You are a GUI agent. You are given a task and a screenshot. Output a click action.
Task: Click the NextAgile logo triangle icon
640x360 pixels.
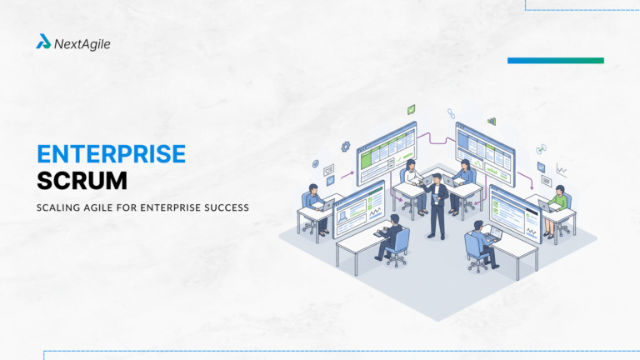click(43, 42)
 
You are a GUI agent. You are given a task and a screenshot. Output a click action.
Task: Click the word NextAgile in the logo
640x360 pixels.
click(82, 43)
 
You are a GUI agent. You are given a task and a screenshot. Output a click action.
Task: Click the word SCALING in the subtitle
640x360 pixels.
click(60, 207)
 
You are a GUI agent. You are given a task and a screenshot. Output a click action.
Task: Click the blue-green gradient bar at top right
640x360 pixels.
click(555, 60)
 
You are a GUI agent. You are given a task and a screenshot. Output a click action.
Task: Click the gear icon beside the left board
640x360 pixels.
click(345, 147)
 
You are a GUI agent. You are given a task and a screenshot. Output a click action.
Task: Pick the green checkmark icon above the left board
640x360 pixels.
click(411, 109)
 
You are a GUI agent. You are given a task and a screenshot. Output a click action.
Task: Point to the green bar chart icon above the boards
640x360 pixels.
click(492, 121)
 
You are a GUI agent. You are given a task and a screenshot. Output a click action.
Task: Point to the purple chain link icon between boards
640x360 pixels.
click(452, 112)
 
